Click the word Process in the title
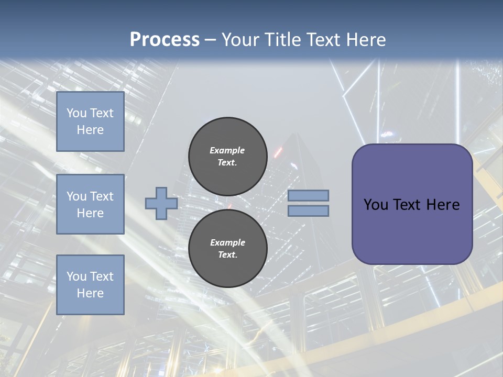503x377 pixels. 165,40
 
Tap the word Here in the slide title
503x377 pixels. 364,40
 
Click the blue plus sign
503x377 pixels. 161,203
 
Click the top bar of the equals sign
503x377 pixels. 308,195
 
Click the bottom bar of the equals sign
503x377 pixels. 308,211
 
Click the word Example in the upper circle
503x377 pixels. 227,150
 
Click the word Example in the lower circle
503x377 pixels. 227,242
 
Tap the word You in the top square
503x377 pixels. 76,113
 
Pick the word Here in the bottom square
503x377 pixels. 90,293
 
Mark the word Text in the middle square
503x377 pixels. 102,196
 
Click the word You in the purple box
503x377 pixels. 376,205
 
